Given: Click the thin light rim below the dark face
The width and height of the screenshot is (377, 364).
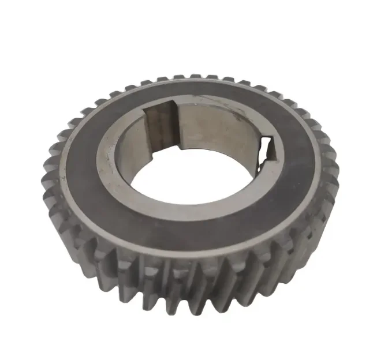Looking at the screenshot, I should pos(191,254).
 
